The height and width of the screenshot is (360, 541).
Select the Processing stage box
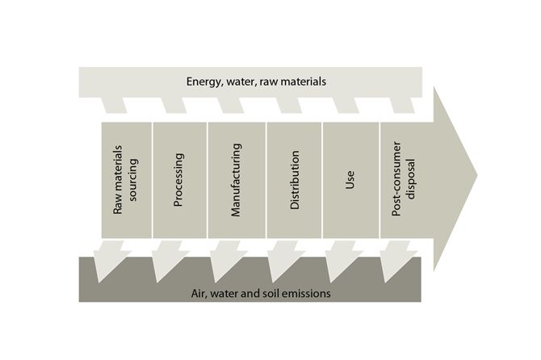178,179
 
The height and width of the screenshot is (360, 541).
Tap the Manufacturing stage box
237,179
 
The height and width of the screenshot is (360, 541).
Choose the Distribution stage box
294,179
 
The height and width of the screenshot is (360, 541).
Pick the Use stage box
350,179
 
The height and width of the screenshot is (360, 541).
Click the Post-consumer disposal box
404,179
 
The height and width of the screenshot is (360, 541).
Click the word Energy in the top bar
203,82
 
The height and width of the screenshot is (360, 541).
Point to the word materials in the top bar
305,82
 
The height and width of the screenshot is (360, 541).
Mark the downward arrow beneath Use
338,260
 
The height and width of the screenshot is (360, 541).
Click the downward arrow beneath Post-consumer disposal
396,260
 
